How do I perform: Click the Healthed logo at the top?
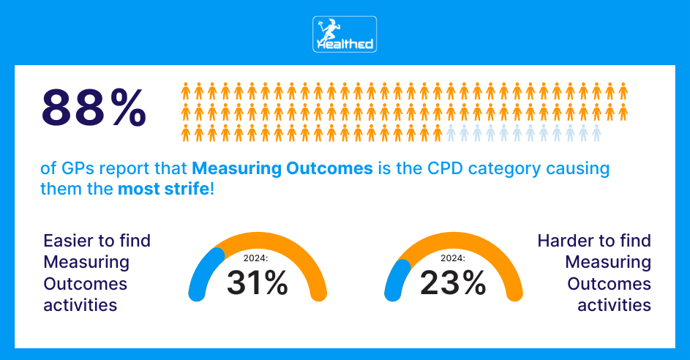click(345, 34)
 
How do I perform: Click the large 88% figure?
click(94, 108)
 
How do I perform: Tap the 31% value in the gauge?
click(257, 283)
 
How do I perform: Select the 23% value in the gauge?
click(453, 283)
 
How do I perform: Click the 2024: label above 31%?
click(257, 258)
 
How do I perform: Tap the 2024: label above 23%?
click(454, 258)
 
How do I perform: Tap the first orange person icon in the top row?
click(186, 91)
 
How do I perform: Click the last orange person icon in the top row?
click(623, 91)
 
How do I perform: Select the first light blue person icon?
click(451, 133)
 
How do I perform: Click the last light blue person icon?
click(596, 133)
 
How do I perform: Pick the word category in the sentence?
click(491, 168)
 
